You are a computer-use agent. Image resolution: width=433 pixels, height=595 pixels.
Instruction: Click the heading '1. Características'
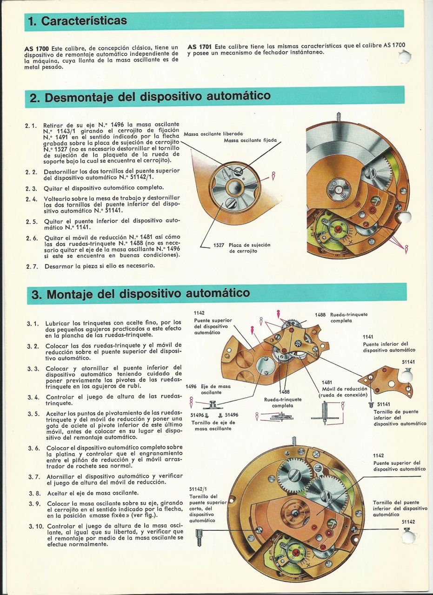pos(77,21)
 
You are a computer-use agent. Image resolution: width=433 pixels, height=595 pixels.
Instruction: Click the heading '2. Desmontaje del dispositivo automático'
pos(150,96)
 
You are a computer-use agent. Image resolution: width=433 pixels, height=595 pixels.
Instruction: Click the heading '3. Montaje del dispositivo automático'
pos(140,293)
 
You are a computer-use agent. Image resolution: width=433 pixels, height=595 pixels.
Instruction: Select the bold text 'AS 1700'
pos(37,49)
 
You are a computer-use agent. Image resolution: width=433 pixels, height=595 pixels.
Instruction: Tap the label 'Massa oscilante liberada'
pos(213,134)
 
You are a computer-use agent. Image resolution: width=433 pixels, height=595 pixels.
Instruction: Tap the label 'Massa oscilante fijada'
pos(250,140)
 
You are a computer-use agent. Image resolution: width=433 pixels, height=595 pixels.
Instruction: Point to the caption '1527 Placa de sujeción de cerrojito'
pos(242,248)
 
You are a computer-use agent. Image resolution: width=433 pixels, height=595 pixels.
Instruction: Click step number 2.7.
pos(32,266)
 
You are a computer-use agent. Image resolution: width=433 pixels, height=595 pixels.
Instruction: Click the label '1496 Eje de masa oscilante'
pos(208,390)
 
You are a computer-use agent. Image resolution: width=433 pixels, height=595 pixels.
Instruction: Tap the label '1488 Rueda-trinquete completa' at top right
pos(341,317)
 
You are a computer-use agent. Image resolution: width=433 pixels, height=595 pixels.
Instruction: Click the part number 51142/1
pos(198,489)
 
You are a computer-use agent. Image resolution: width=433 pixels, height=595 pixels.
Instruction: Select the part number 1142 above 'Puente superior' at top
pos(199,313)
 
